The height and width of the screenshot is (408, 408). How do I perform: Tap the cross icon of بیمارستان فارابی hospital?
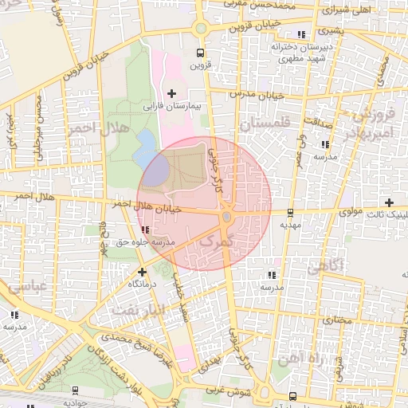171,93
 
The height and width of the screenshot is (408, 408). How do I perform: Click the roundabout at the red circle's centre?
227,217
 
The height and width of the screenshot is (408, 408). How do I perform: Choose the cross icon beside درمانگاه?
142,272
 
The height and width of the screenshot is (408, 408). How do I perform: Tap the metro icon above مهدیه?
289,213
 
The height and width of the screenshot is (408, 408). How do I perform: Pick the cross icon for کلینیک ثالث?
389,202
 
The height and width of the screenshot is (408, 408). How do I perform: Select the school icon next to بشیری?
300,34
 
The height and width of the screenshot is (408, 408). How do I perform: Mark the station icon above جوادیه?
75,390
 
